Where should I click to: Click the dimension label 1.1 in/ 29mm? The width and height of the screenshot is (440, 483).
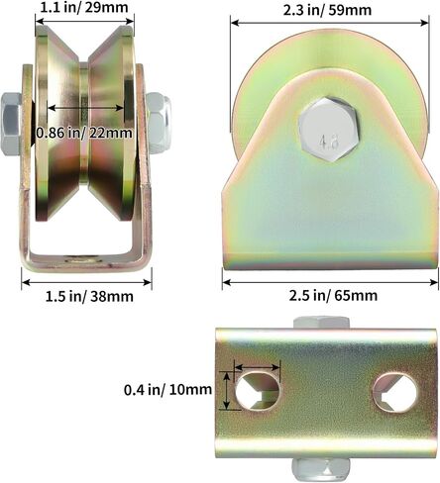tap(84, 8)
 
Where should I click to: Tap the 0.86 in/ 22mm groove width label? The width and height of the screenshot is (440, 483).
tap(84, 133)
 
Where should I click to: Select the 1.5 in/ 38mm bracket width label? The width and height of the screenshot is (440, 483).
tap(89, 297)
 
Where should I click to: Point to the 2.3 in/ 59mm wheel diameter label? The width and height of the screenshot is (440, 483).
tap(327, 10)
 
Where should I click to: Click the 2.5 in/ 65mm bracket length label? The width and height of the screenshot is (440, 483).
tap(333, 295)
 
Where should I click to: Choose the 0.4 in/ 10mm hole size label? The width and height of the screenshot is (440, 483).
tap(167, 390)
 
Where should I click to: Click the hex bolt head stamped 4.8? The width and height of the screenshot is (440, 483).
tap(328, 130)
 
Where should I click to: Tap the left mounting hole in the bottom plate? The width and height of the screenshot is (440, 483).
tap(258, 390)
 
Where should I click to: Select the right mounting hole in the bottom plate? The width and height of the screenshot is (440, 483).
tap(395, 393)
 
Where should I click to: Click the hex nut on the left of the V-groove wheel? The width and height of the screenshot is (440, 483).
tap(10, 124)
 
